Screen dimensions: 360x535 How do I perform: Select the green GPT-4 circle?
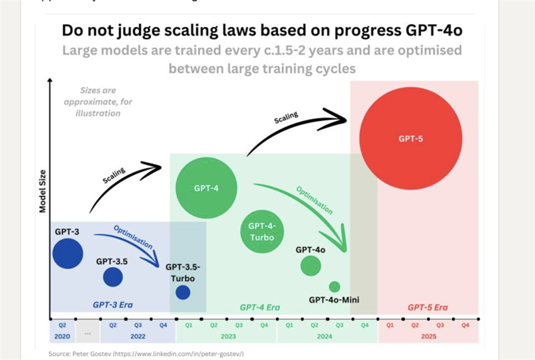coord(206,188)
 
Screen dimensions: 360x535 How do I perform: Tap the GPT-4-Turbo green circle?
coord(263,231)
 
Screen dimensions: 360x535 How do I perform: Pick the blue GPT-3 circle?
coord(68,253)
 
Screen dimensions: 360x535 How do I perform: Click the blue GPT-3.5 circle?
coord(112,276)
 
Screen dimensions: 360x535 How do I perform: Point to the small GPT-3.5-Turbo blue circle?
coord(183,292)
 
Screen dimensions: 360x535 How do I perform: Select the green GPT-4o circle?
coord(310,266)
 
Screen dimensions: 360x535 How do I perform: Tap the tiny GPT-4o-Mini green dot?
coord(334,286)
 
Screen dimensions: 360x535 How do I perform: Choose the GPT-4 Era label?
coord(259,308)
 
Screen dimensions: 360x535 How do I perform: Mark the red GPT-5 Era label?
coord(428,308)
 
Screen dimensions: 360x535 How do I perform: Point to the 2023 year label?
coord(227,337)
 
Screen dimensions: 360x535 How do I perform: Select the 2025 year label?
coord(428,337)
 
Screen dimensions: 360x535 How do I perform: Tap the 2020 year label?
coord(62,337)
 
